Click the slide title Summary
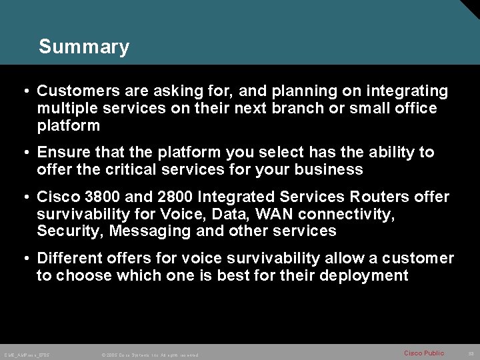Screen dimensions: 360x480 point(84,47)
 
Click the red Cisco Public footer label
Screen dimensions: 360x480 point(424,353)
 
